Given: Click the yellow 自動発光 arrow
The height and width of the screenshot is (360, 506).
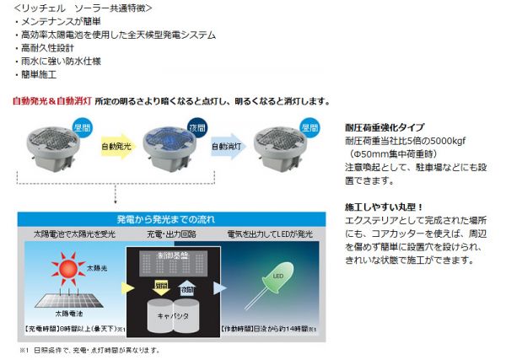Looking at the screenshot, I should (117, 146).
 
